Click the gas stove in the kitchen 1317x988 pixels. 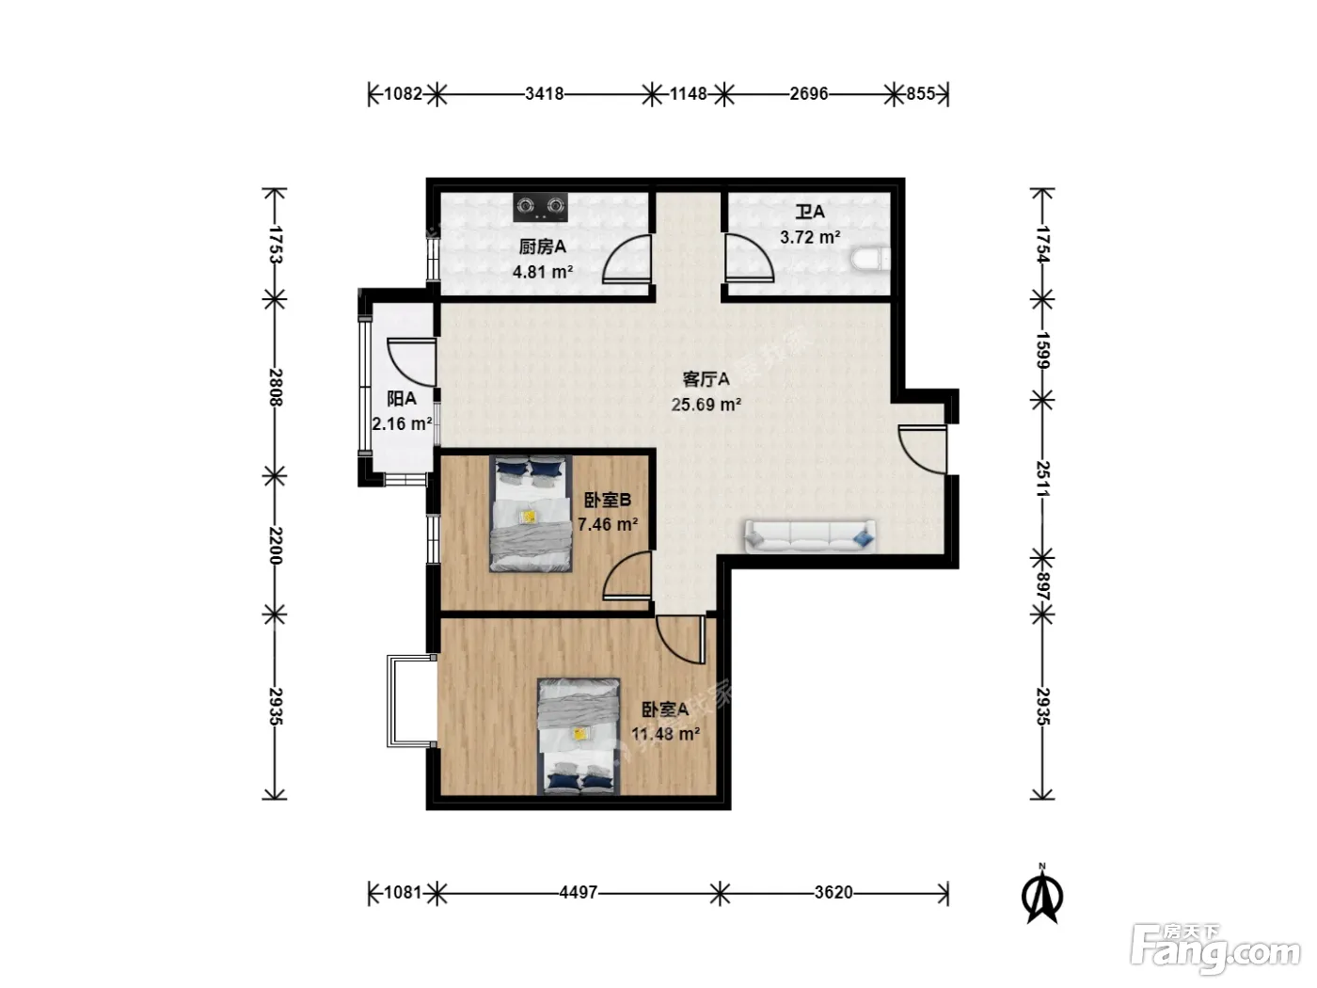(540, 206)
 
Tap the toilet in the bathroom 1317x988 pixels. (870, 259)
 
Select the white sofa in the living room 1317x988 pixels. (809, 535)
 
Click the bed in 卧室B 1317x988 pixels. (531, 514)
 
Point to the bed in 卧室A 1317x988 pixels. (579, 736)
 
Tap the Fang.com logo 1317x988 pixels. (1215, 950)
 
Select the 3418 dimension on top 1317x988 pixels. (544, 94)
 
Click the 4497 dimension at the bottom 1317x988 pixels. (578, 893)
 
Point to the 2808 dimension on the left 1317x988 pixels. (275, 388)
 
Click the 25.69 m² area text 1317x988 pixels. (706, 405)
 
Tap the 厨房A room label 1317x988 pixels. (542, 247)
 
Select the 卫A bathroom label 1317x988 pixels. (809, 212)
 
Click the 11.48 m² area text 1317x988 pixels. (665, 734)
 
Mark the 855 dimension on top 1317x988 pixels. (920, 94)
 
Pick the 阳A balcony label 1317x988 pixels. (402, 399)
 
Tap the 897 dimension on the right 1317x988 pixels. (1043, 586)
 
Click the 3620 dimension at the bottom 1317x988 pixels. (833, 893)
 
